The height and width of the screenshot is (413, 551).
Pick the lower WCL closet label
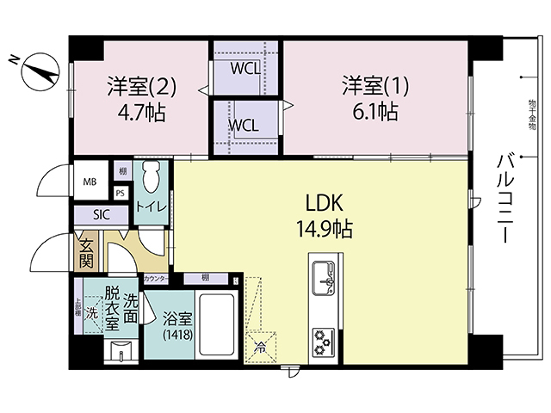[x=245, y=125]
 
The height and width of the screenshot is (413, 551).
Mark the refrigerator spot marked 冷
[x=260, y=348]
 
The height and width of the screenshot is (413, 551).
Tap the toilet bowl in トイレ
[x=151, y=179]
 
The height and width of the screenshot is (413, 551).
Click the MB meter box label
[x=90, y=182]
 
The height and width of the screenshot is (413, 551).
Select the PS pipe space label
[x=120, y=194]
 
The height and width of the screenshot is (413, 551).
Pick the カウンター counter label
[x=157, y=280]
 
